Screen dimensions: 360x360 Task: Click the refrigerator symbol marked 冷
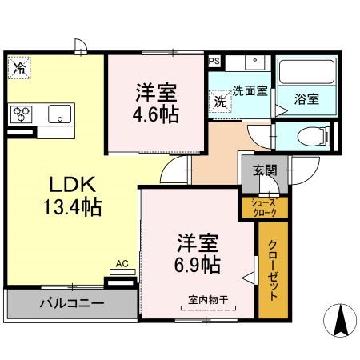point(19,68)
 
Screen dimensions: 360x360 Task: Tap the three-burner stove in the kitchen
point(22,114)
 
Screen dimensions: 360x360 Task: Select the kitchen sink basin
point(60,114)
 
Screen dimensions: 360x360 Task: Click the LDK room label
point(73,184)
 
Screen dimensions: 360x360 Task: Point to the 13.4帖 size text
point(73,206)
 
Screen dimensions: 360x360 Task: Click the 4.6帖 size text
point(156,114)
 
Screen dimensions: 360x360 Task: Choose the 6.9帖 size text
point(198,265)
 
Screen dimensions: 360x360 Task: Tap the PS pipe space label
point(214,62)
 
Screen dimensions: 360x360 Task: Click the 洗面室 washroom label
point(250,91)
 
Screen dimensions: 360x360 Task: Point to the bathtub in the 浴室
point(306,71)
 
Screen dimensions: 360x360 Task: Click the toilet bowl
point(314,137)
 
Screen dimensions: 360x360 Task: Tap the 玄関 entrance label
point(265,170)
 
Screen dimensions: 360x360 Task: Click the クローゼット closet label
point(273,270)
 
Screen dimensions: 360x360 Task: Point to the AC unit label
point(122,264)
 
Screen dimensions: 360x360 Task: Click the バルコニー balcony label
point(72,303)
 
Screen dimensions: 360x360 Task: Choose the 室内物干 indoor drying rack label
point(208,300)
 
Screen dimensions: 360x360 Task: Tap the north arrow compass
point(340,320)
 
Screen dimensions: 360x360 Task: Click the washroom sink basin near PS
point(255,63)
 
